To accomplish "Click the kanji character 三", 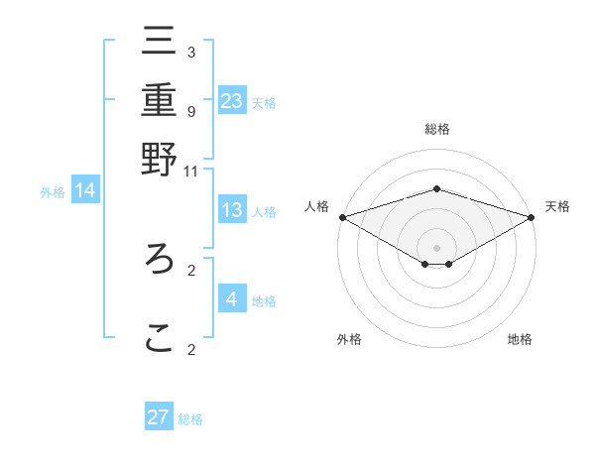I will tap(159, 42).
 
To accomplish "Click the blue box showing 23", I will tap(232, 100).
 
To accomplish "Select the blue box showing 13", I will tap(232, 210).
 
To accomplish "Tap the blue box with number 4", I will tap(232, 298).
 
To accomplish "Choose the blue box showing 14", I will tap(85, 190).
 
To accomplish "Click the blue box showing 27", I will tap(159, 417).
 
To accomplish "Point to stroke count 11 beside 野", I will tap(191, 172).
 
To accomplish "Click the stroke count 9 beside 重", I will tap(191, 111).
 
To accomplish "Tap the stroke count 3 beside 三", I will tap(191, 53).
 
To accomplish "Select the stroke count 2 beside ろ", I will tap(191, 270).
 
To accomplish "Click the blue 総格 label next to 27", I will tap(190, 419).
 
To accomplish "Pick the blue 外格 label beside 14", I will tap(53, 192).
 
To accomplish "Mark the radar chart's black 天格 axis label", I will tap(558, 206).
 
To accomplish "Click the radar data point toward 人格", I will tap(342, 216).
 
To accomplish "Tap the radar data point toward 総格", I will tap(436, 188).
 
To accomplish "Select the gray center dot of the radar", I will tap(436, 247).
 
